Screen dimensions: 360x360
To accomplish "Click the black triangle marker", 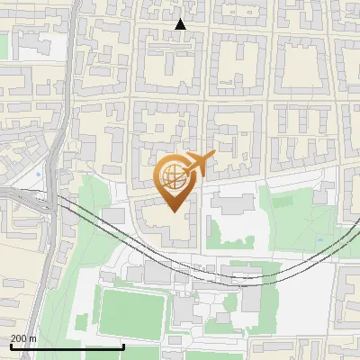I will [180, 24].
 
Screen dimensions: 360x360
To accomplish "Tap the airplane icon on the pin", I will [200, 163].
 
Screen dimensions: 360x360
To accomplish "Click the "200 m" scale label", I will [24, 338].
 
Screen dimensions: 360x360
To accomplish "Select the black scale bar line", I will [67, 346].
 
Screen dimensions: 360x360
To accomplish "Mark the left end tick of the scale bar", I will [11, 346].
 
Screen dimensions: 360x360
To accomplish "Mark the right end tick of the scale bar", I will [123, 346].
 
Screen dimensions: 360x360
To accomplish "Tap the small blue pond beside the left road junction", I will [38, 174].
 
